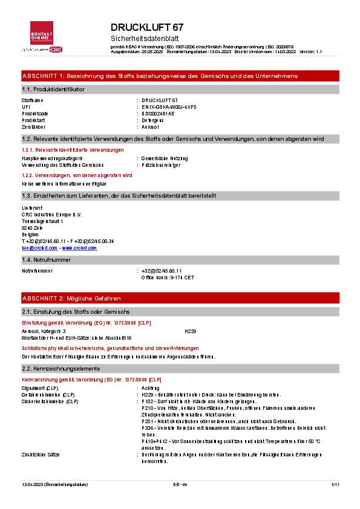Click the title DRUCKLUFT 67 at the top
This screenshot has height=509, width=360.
click(x=147, y=28)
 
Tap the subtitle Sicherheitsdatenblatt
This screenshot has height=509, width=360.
click(x=141, y=38)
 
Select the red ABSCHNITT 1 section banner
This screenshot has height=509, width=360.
click(x=180, y=76)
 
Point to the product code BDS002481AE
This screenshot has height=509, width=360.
click(x=158, y=113)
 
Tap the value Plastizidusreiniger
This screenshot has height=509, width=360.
click(x=160, y=164)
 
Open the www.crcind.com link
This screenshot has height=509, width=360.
click(x=79, y=248)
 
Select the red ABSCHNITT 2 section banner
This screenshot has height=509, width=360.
click(x=180, y=299)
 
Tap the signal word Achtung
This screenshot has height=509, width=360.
click(x=151, y=388)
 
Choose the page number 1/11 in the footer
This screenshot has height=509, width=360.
click(x=335, y=484)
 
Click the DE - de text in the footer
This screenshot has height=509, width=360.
click(x=180, y=484)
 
